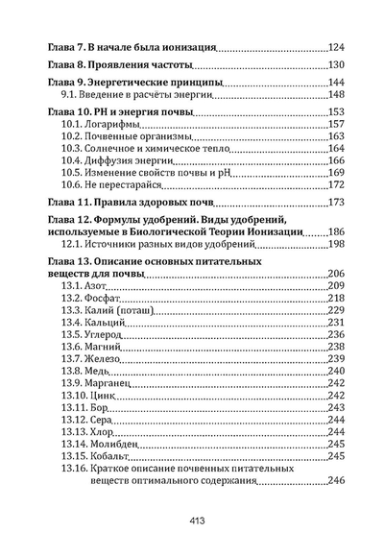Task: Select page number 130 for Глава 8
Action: coord(336,65)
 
